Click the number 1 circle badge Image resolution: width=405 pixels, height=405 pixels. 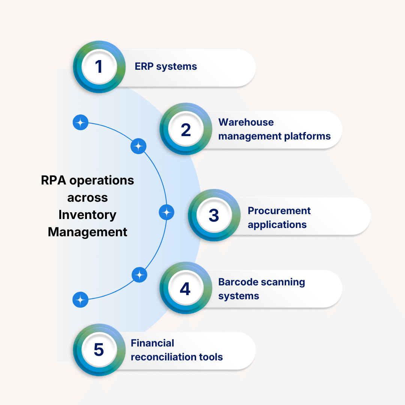click(99, 67)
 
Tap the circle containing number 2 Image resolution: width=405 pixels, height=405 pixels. click(186, 129)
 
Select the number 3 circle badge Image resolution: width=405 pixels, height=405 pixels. click(214, 215)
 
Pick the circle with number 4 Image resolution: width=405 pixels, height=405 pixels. click(185, 288)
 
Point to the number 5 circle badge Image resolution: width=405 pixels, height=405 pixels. click(99, 349)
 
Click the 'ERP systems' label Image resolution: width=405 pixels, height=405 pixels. click(166, 67)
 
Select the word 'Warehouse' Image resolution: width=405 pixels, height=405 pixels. click(246, 122)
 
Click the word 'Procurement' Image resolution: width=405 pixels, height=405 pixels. click(279, 211)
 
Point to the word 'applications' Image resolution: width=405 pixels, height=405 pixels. click(277, 225)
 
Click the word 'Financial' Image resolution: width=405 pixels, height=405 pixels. click(152, 343)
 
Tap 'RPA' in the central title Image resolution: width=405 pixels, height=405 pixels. click(54, 180)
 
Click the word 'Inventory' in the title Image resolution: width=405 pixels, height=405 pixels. click(87, 215)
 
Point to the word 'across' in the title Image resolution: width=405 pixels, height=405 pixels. click(87, 198)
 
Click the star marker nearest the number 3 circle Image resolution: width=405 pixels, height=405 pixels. click(166, 213)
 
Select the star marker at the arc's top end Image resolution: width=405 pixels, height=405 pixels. click(80, 122)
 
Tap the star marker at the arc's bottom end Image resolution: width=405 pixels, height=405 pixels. click(80, 300)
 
